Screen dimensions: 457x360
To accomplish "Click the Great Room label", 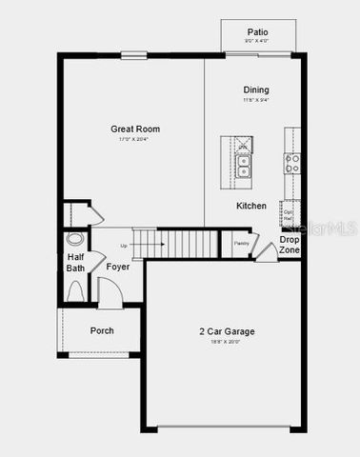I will [x=134, y=129].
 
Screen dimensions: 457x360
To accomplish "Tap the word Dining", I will [x=255, y=89].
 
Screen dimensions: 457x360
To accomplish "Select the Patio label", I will [x=257, y=31].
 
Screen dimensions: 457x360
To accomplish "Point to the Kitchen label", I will [x=251, y=206].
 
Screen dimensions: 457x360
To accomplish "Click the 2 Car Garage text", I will [x=226, y=331].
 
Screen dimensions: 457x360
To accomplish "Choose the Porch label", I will [x=102, y=330].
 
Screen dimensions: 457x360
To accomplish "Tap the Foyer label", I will [x=117, y=268].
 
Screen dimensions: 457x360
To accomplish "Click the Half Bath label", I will [x=76, y=262].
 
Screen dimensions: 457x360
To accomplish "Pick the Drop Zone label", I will [x=290, y=244].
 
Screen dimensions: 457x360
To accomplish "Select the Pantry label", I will [x=241, y=243].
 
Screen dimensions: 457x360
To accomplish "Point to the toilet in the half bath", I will [x=75, y=239].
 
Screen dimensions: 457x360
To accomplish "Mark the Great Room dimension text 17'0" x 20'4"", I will [x=134, y=139].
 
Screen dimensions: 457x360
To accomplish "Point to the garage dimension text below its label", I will [x=226, y=342].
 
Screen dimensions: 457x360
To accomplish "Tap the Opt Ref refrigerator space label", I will [x=287, y=213].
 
